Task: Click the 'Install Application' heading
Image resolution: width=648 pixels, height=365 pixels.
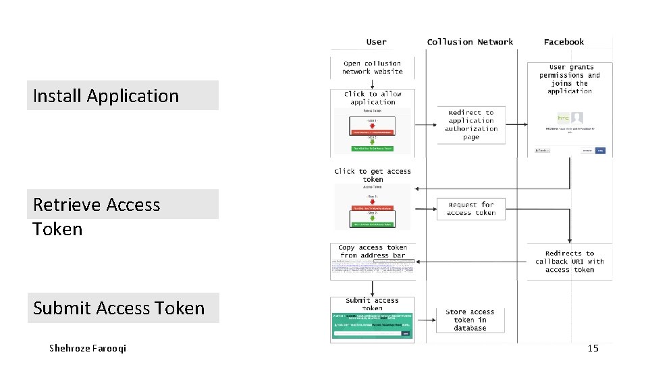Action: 106,96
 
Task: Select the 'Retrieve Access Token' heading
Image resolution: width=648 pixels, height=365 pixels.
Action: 97,216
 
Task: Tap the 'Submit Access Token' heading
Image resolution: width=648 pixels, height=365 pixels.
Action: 119,308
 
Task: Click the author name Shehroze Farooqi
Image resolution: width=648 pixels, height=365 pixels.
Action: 88,348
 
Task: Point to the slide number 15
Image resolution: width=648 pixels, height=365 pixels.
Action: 593,348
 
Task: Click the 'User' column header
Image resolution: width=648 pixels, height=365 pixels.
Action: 376,42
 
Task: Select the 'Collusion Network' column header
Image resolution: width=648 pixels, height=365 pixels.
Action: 470,42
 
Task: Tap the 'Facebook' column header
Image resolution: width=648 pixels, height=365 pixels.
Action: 564,42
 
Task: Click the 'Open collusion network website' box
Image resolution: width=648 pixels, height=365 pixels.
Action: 372,68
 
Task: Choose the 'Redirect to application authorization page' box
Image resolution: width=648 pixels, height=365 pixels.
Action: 471,125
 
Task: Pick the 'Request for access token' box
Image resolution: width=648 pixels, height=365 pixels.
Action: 471,209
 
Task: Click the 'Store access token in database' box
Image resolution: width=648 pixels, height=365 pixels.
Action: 470,320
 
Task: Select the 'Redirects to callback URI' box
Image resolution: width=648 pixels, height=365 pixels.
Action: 570,262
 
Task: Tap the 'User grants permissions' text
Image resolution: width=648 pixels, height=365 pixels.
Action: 570,79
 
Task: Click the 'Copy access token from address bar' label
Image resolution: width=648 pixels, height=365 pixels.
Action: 373,251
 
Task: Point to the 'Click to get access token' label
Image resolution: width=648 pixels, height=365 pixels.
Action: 373,175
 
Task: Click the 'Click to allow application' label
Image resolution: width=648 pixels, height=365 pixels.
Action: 373,98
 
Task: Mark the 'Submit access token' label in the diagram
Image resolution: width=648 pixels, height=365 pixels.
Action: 373,304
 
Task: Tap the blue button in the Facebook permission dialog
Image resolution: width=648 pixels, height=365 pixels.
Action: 600,150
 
